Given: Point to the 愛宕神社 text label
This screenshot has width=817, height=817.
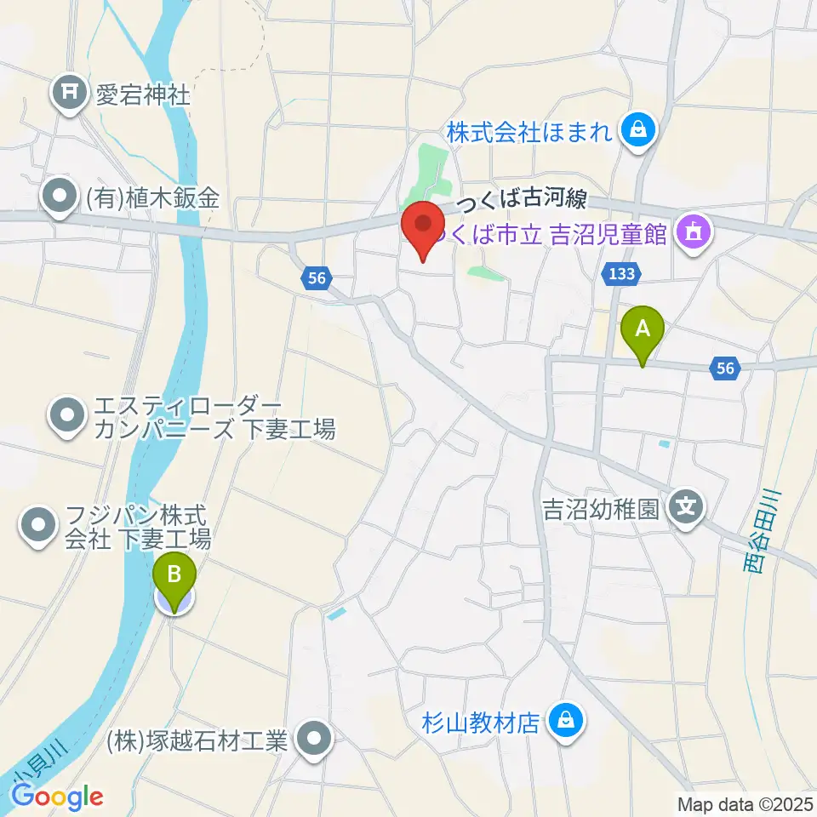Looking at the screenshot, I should pyautogui.click(x=142, y=93).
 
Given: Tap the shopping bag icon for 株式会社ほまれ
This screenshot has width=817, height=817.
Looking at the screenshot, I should pyautogui.click(x=635, y=130).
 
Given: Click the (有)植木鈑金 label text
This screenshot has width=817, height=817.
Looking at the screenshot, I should pyautogui.click(x=152, y=199).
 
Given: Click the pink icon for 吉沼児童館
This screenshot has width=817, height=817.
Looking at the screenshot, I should pyautogui.click(x=694, y=231).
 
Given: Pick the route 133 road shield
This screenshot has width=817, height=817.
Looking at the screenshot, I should pyautogui.click(x=620, y=273).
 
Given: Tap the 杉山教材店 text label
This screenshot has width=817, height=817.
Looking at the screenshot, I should pyautogui.click(x=481, y=723).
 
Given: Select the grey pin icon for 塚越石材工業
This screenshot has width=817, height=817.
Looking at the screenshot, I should pyautogui.click(x=315, y=740).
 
